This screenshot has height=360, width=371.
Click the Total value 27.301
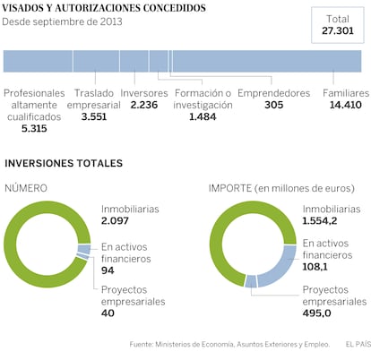(338, 30)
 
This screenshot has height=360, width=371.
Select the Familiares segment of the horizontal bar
(267, 61)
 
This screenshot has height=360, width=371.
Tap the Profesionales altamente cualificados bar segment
(38, 61)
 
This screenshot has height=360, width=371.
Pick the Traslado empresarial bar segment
(96, 61)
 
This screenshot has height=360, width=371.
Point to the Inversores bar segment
(134, 61)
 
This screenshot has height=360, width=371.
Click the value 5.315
(34, 128)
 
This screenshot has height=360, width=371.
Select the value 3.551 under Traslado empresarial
(94, 116)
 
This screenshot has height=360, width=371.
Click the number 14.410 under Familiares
(346, 105)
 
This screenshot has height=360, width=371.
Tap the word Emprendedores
(274, 93)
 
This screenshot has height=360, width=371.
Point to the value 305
(274, 105)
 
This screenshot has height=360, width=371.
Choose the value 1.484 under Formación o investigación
(203, 116)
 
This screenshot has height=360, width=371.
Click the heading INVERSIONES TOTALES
(64, 163)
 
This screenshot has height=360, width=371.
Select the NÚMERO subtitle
(26, 188)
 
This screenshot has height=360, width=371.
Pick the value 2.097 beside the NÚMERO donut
(115, 220)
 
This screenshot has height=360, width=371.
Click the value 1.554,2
(320, 220)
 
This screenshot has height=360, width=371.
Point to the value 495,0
(316, 313)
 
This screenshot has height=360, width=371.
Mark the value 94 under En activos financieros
(108, 270)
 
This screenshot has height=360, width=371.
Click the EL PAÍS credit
(358, 344)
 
